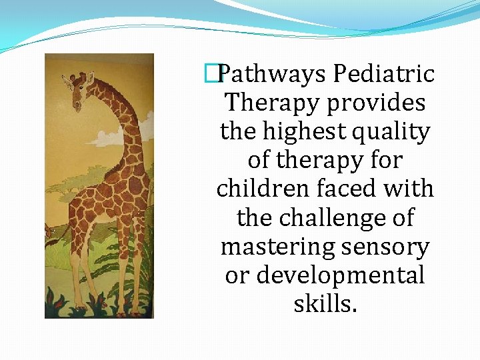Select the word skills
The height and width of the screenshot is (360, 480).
coord(325,303)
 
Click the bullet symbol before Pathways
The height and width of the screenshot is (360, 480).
coord(212,74)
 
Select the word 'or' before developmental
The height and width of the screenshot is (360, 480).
coord(236,275)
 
